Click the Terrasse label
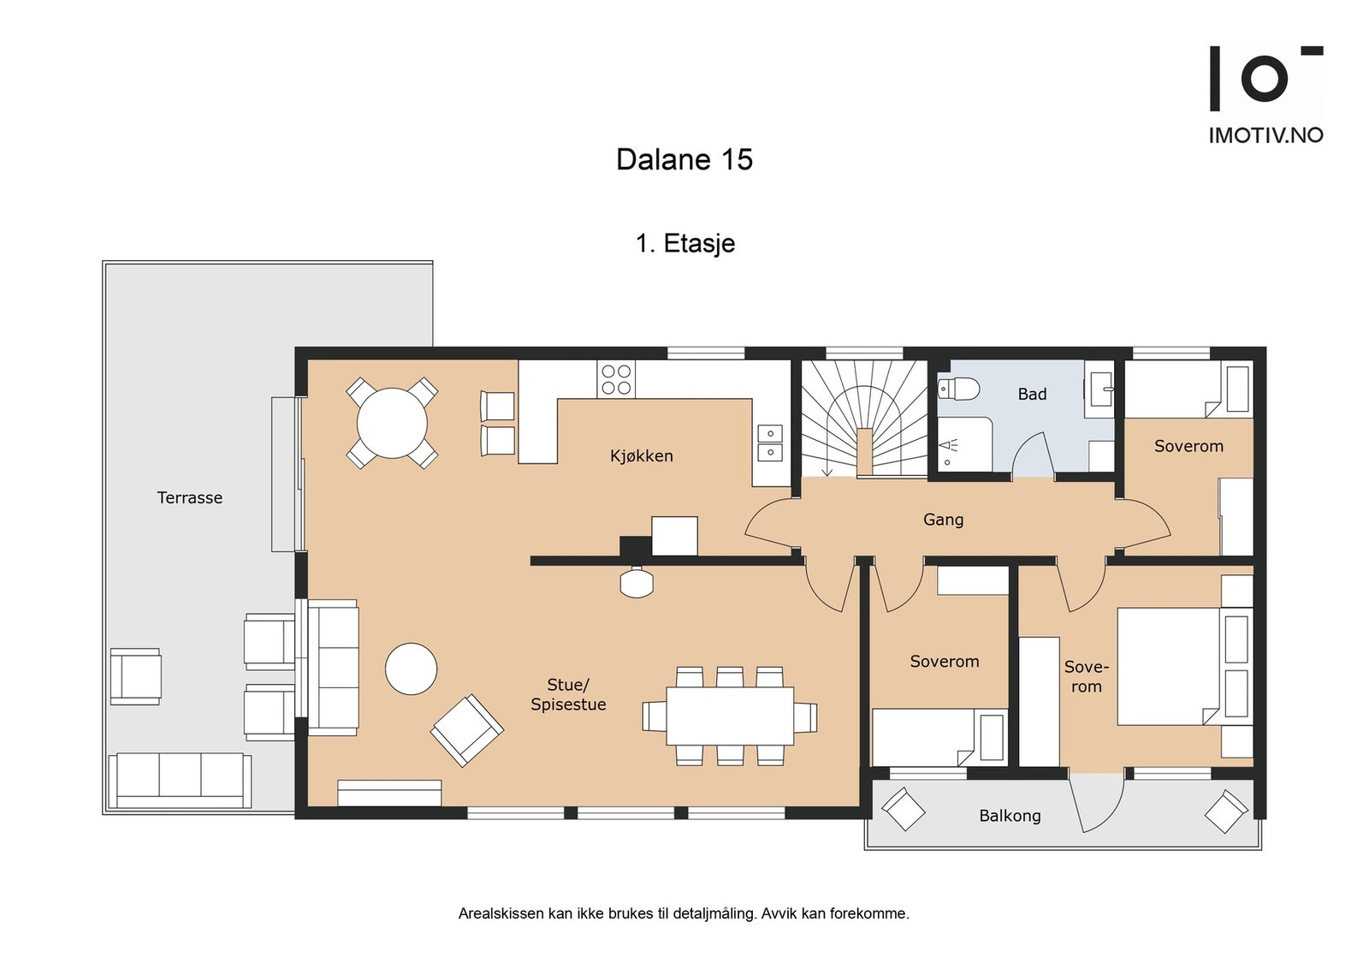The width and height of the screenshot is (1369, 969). (x=189, y=497)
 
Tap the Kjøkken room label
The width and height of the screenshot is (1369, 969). (x=641, y=455)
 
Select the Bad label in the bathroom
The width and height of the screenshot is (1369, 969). (x=1032, y=395)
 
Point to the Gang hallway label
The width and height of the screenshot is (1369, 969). (x=943, y=520)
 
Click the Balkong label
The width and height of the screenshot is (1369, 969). (x=1010, y=816)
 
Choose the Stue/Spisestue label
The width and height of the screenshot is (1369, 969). (x=568, y=694)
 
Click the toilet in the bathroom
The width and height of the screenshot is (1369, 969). (x=959, y=389)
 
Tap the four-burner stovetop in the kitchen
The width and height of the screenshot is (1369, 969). (x=616, y=380)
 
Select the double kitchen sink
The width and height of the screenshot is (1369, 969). (x=770, y=443)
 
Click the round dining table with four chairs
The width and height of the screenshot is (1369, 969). (x=392, y=423)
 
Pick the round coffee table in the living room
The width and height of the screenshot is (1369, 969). (x=411, y=669)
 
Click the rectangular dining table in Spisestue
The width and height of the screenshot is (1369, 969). (x=730, y=716)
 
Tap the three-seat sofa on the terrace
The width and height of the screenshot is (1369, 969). (x=180, y=782)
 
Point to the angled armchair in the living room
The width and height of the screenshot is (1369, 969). (x=467, y=730)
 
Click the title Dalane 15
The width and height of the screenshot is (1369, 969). (x=684, y=159)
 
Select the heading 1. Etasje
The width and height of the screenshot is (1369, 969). (x=685, y=243)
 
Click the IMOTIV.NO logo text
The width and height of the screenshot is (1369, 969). (x=1265, y=135)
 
